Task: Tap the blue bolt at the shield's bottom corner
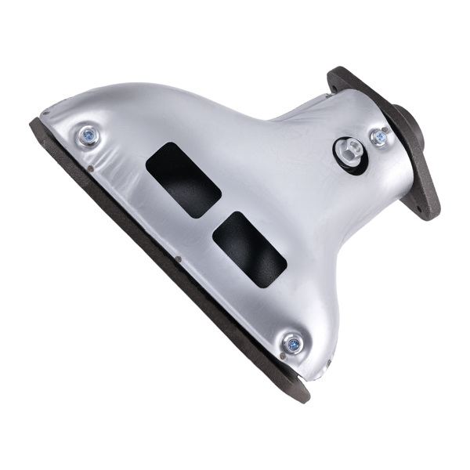pos(292,342)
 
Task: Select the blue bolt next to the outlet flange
pos(380,138)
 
